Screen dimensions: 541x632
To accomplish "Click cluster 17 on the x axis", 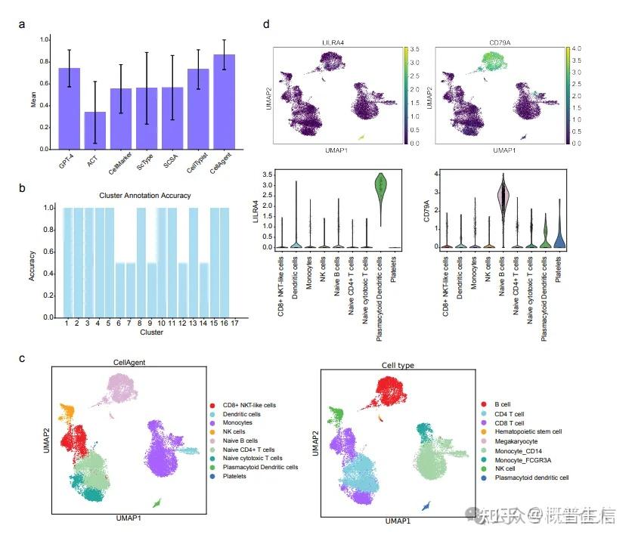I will coord(235,323).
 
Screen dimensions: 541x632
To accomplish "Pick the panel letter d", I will coord(265,23).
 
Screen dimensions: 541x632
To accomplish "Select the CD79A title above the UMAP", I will coord(498,43).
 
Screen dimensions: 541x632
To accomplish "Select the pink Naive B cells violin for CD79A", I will coord(503,199).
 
